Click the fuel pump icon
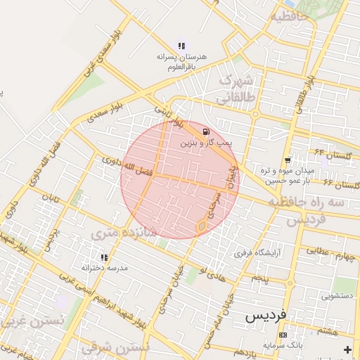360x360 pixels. click(205, 131)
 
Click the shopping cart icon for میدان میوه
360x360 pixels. click(287, 160)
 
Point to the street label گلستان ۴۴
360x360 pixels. click(333, 153)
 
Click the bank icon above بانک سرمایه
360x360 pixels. click(283, 335)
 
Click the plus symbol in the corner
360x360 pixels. click(347, 349)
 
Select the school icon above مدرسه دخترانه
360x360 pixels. click(104, 257)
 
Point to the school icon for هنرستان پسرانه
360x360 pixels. click(182, 45)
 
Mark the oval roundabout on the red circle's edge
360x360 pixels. click(202, 226)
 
